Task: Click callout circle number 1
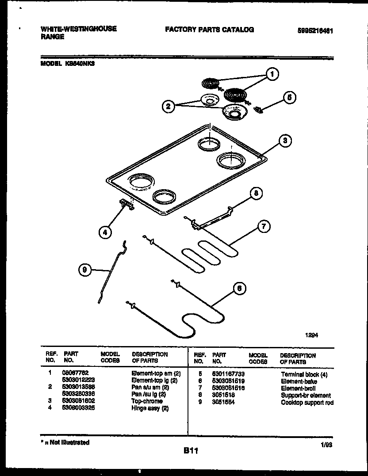(x=273, y=75)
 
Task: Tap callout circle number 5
(x=289, y=98)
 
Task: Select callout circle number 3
(x=285, y=141)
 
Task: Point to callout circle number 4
(x=105, y=232)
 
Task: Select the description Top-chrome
(x=147, y=401)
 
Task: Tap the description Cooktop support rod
(x=307, y=402)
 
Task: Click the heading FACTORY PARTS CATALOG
(x=209, y=30)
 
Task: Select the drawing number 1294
(x=311, y=335)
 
